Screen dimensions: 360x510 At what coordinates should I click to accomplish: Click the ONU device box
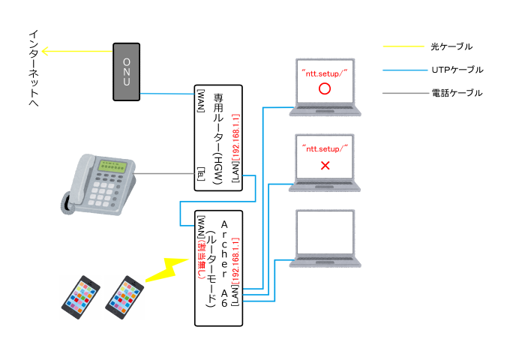tap(127, 72)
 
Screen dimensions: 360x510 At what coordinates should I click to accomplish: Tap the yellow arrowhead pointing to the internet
tap(45, 52)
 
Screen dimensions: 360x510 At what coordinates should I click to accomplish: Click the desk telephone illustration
tap(97, 184)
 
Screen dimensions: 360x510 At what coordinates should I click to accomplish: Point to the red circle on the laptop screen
tap(325, 88)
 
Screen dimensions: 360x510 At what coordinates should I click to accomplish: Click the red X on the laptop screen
tap(325, 164)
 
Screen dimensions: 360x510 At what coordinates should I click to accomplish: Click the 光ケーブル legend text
tap(451, 46)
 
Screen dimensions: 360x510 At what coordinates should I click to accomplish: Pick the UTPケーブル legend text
tap(457, 70)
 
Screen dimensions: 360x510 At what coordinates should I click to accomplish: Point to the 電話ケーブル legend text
tap(457, 93)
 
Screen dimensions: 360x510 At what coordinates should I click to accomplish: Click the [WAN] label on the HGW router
tap(200, 102)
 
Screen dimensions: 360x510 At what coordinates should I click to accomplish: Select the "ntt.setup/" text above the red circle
tap(324, 70)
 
